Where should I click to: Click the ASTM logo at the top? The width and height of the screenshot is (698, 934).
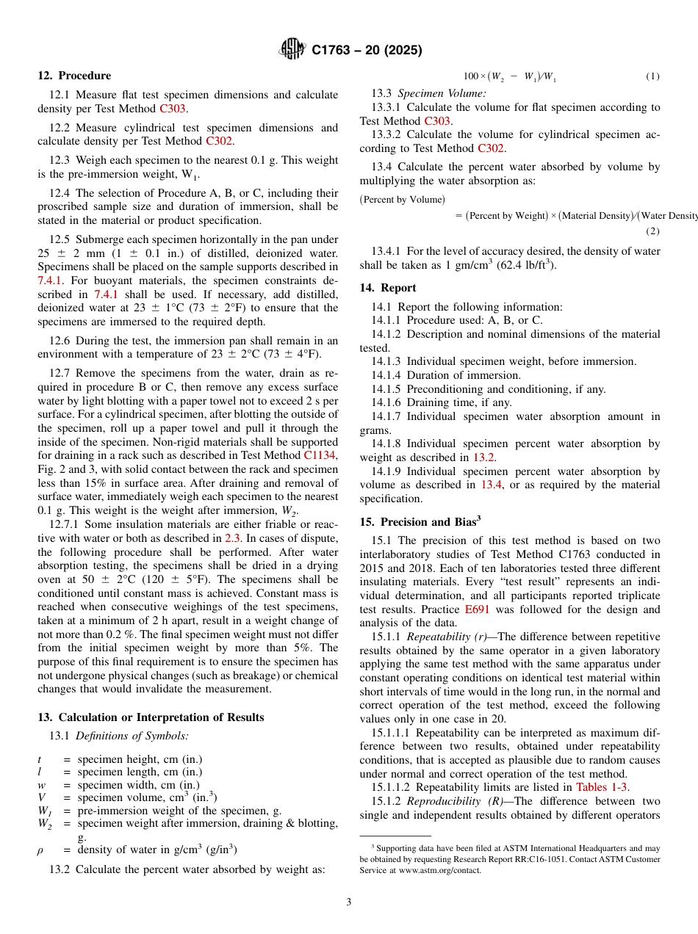(x=292, y=50)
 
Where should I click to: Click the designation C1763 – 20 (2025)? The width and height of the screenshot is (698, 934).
(x=367, y=51)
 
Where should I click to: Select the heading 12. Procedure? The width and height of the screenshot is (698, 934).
(x=74, y=76)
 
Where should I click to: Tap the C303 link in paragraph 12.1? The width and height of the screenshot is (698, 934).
(x=173, y=109)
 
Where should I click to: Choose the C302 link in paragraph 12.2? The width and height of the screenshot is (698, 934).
(x=219, y=141)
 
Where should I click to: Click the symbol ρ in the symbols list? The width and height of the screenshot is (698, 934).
(x=40, y=850)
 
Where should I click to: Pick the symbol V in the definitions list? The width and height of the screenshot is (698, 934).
(x=41, y=797)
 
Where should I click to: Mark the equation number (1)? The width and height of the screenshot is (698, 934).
(x=652, y=76)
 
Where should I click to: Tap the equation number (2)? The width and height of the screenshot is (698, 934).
(x=652, y=231)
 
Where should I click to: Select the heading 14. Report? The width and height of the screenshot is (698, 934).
(x=388, y=288)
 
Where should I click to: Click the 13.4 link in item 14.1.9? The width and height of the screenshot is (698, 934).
(x=492, y=485)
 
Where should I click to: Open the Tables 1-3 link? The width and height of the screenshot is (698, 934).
(x=602, y=787)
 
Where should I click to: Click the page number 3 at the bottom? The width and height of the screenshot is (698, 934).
(x=349, y=902)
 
